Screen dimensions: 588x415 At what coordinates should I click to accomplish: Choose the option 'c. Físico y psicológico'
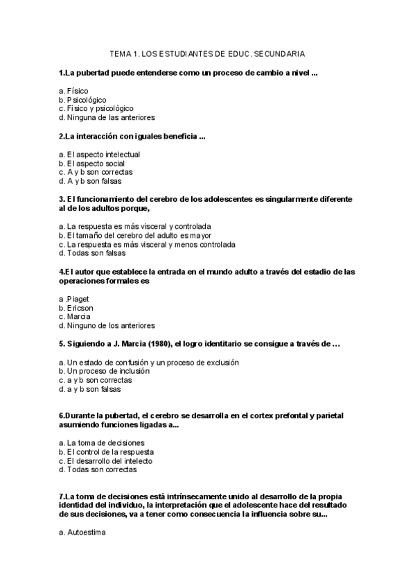[x=96, y=108]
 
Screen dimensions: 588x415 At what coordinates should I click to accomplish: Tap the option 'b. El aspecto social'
[x=91, y=163]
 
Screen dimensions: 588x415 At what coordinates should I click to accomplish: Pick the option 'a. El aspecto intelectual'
[x=99, y=154]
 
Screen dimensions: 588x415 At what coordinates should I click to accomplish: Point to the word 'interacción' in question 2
[x=97, y=136]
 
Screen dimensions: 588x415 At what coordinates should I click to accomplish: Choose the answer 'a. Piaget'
[x=74, y=299]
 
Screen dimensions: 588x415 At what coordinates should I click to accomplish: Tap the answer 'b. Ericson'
[x=76, y=308]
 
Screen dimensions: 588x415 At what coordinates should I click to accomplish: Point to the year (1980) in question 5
[x=159, y=344]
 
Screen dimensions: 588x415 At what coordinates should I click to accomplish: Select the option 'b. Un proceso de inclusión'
[x=104, y=371]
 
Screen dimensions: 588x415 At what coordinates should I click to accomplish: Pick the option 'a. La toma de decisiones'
[x=101, y=442]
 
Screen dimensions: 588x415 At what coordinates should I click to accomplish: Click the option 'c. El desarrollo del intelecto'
[x=105, y=460]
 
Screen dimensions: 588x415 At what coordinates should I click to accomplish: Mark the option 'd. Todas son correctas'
[x=98, y=469]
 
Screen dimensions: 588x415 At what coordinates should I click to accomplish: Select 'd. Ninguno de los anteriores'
[x=107, y=325]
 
